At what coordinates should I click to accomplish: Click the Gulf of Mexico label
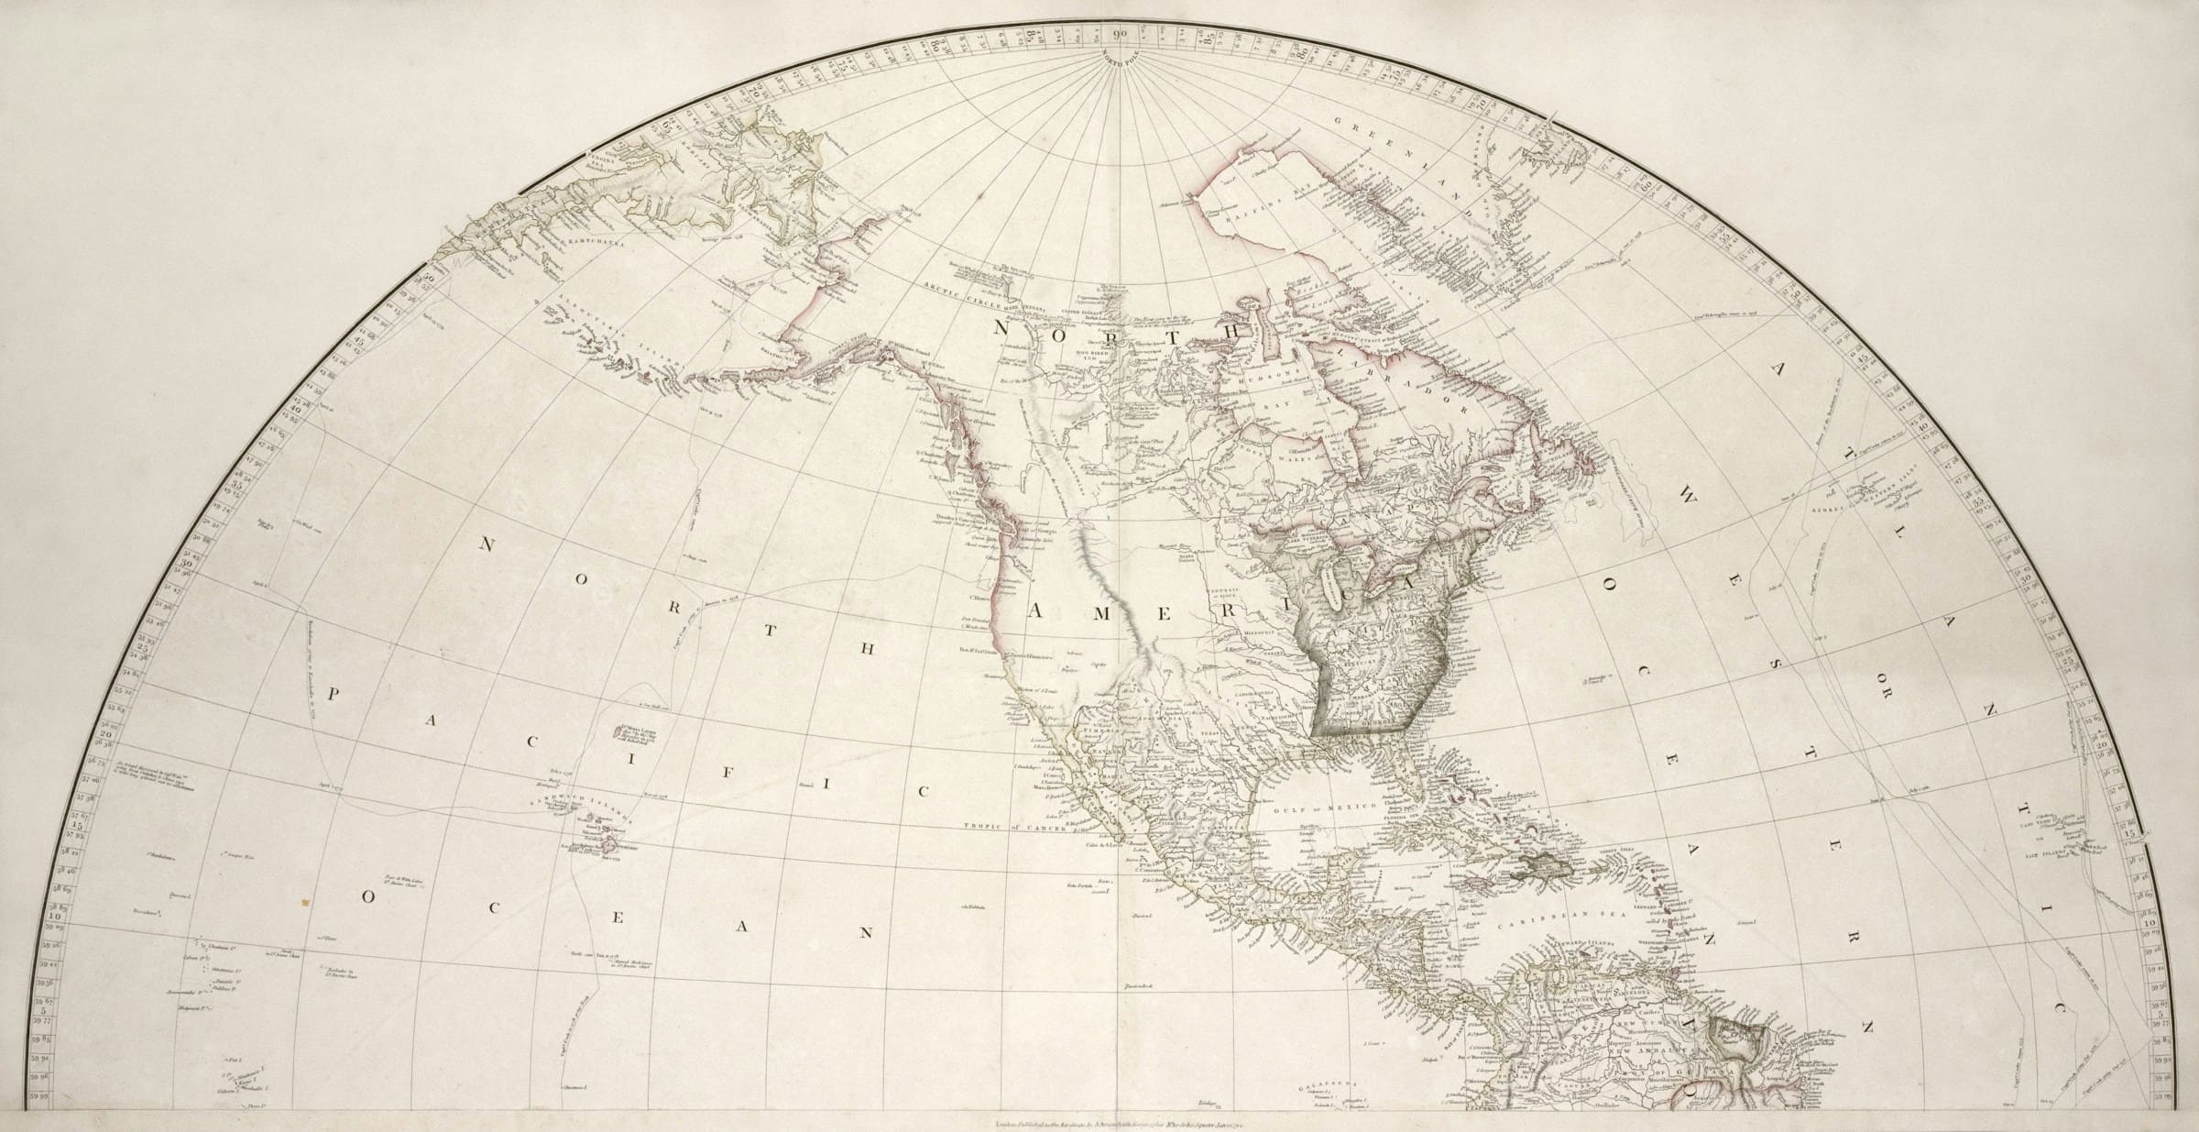[1318, 802]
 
